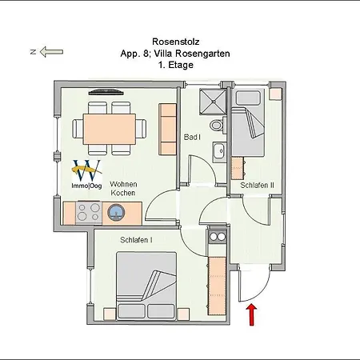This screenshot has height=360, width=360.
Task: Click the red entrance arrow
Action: pyautogui.click(x=251, y=315)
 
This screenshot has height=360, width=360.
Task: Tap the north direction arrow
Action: pyautogui.click(x=51, y=51)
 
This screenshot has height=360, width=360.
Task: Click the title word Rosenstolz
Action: pyautogui.click(x=176, y=42)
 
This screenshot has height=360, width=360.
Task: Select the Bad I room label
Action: pyautogui.click(x=192, y=137)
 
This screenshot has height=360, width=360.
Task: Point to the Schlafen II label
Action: pyautogui.click(x=257, y=185)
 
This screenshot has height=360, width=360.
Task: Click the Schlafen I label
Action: pyautogui.click(x=136, y=240)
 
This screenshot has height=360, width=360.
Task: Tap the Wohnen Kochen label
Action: pyautogui.click(x=123, y=189)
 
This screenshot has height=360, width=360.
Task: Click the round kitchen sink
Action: pyautogui.click(x=116, y=213)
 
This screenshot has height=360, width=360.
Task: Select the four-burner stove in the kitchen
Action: pyautogui.click(x=89, y=213)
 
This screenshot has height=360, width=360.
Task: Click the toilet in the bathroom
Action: pyautogui.click(x=218, y=125)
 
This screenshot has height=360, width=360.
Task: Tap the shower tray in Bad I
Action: pyautogui.click(x=213, y=102)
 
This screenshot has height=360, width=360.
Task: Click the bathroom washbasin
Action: pyautogui.click(x=219, y=152)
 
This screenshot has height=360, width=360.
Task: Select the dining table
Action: pyautogui.click(x=110, y=129)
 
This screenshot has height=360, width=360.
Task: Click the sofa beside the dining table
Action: pyautogui.click(x=167, y=129)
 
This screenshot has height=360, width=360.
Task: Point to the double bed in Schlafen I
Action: pyautogui.click(x=146, y=286)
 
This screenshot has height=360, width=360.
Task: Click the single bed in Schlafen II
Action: pyautogui.click(x=248, y=122)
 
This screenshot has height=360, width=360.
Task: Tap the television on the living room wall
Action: pyautogui.click(x=106, y=92)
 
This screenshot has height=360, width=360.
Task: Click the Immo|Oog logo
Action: pyautogui.click(x=86, y=174)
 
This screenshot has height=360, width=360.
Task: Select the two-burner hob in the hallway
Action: pyautogui.click(x=217, y=236)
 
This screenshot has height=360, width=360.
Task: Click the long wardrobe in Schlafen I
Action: pyautogui.click(x=217, y=286)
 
